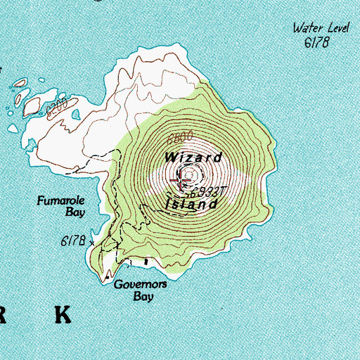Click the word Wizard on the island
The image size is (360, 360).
click(x=195, y=157)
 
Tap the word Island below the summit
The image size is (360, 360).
click(x=191, y=205)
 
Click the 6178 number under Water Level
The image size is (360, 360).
click(x=316, y=43)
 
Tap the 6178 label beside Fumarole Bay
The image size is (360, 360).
click(x=72, y=241)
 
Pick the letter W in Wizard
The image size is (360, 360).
click(x=172, y=157)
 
